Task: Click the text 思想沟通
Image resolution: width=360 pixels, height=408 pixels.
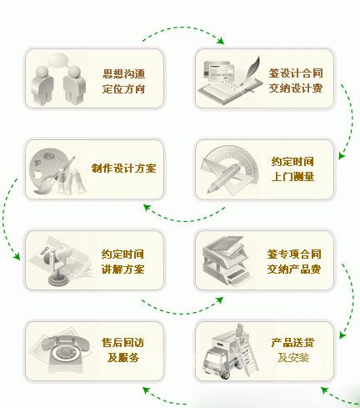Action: [123, 74]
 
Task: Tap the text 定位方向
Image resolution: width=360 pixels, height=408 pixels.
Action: [123, 89]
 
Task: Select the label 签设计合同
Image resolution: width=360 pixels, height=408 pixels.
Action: [296, 73]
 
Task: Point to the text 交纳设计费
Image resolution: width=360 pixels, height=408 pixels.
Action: [296, 88]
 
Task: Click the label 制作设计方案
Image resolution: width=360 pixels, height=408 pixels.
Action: [124, 169]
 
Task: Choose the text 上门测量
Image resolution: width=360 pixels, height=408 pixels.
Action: [292, 176]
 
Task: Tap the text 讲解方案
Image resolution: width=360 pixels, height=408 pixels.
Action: [122, 269]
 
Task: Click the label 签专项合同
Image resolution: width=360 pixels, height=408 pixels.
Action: [294, 254]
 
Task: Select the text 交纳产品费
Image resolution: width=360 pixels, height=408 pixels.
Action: [294, 269]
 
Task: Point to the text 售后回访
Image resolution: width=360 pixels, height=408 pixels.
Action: [122, 342]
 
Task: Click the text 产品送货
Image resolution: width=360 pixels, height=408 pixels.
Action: [292, 342]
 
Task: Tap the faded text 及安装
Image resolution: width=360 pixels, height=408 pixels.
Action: [293, 357]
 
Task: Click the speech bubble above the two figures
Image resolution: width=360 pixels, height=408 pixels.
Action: [58, 60]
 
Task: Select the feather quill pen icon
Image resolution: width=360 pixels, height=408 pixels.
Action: [249, 73]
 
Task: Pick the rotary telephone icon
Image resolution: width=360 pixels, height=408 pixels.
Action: [66, 351]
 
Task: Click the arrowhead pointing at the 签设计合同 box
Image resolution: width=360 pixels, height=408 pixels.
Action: [221, 41]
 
